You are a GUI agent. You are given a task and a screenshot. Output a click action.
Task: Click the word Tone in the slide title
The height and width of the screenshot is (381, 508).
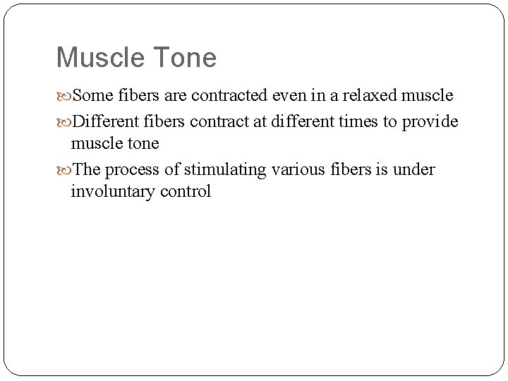183,58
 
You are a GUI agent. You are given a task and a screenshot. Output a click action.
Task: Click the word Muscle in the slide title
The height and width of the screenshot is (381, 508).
99,58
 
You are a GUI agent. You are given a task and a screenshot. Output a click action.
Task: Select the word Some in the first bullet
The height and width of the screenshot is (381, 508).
90,95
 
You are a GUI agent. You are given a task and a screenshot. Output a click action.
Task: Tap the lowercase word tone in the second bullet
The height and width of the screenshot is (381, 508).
143,143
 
